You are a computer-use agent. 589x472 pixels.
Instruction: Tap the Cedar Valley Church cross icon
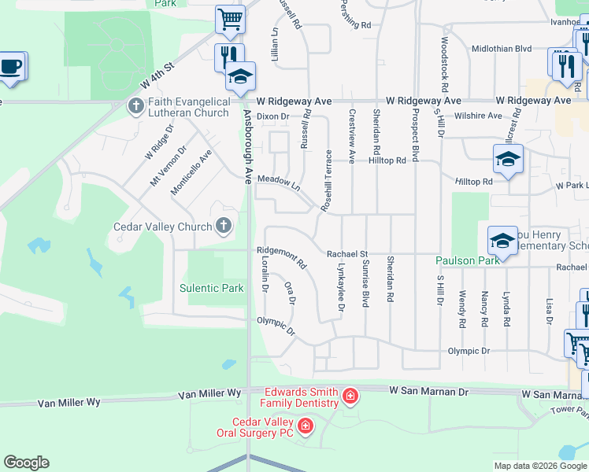click(x=224, y=227)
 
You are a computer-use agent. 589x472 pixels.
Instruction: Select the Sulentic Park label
click(x=211, y=288)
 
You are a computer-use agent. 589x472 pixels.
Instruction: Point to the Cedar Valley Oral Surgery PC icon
click(x=305, y=427)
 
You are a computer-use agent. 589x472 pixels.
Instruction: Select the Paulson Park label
click(x=469, y=260)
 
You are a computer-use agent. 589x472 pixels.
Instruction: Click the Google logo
click(x=26, y=463)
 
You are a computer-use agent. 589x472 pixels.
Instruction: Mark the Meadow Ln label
click(x=280, y=183)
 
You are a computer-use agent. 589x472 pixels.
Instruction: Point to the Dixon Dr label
click(x=273, y=116)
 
